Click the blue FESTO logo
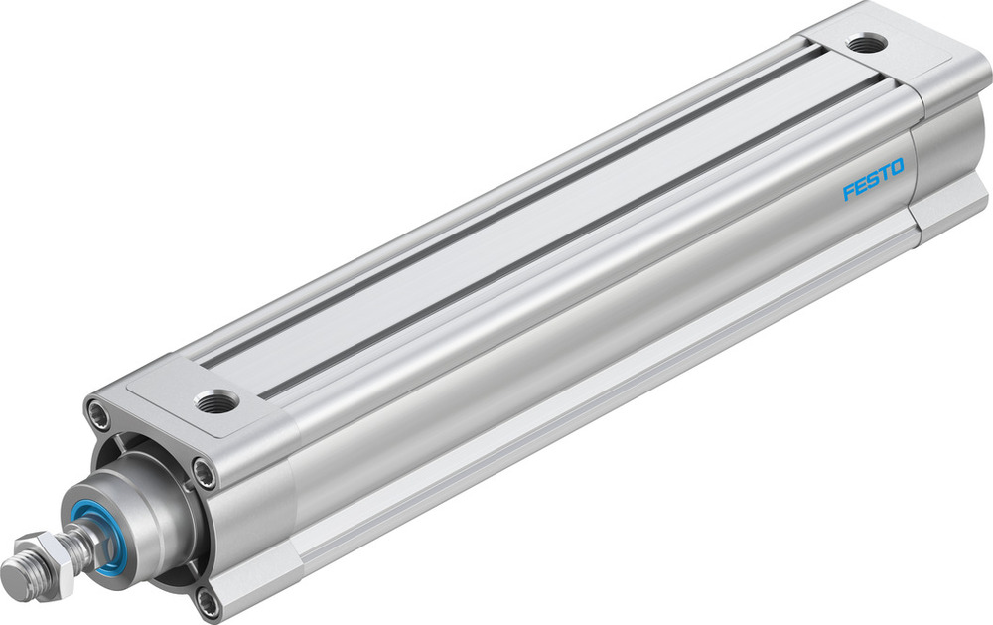tap(874, 179)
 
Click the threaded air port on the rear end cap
tap(865, 44)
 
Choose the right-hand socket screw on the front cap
tap(205, 472)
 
